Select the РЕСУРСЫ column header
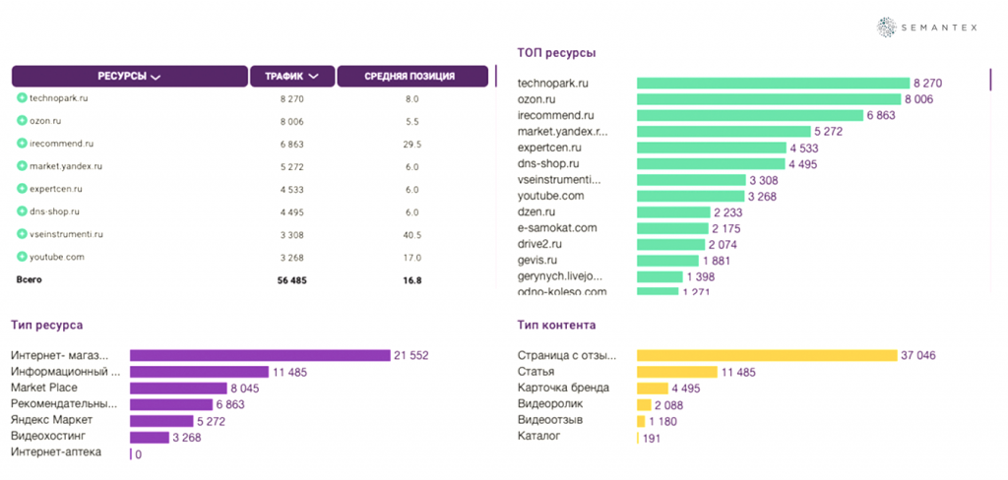click(x=129, y=76)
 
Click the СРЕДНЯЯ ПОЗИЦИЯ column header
click(x=412, y=76)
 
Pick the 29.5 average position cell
click(x=412, y=144)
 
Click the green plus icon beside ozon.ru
click(x=22, y=121)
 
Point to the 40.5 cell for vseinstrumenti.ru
click(x=412, y=234)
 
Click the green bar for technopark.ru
click(x=773, y=84)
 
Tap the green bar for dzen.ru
click(x=673, y=212)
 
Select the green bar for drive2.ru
click(x=670, y=244)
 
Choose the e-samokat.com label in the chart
click(x=557, y=228)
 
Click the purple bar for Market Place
click(x=177, y=389)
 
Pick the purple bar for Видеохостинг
click(x=150, y=437)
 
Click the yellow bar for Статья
click(x=676, y=372)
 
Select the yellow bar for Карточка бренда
click(x=651, y=389)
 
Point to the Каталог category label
click(x=538, y=436)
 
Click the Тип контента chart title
click(x=556, y=325)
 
